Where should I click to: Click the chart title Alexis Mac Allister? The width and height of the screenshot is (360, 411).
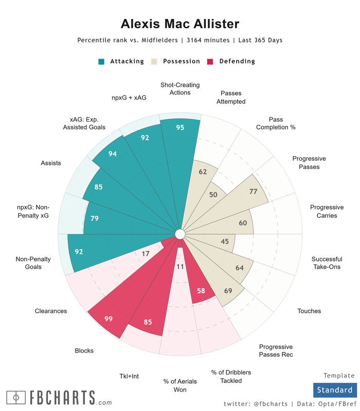[x=180, y=24]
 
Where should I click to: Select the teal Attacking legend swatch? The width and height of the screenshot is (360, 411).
[x=101, y=62]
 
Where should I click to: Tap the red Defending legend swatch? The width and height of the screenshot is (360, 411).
[x=210, y=62]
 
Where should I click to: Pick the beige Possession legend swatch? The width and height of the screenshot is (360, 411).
[x=154, y=62]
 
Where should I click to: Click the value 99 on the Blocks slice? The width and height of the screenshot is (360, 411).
[x=109, y=319]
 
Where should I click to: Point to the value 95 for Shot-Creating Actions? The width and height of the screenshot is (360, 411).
[x=180, y=128]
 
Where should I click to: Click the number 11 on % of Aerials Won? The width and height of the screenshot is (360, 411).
[x=180, y=267]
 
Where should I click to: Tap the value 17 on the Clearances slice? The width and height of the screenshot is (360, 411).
[x=146, y=253]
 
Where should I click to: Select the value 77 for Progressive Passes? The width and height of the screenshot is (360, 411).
[x=253, y=192]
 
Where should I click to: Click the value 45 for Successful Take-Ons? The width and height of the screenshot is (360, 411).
[x=225, y=241]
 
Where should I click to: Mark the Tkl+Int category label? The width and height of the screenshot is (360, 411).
[x=129, y=377]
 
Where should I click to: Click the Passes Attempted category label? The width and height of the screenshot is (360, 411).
[x=231, y=97]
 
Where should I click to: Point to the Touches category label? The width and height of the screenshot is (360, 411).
[x=309, y=311]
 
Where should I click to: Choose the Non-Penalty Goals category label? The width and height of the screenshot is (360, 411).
[x=33, y=263]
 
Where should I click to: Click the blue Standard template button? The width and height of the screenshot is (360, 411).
[x=334, y=390]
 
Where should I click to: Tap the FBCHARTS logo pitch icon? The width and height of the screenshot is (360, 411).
[x=16, y=398]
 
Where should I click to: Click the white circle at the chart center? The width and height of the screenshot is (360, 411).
[x=180, y=234]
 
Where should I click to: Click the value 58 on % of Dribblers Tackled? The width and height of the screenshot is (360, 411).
[x=201, y=291]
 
